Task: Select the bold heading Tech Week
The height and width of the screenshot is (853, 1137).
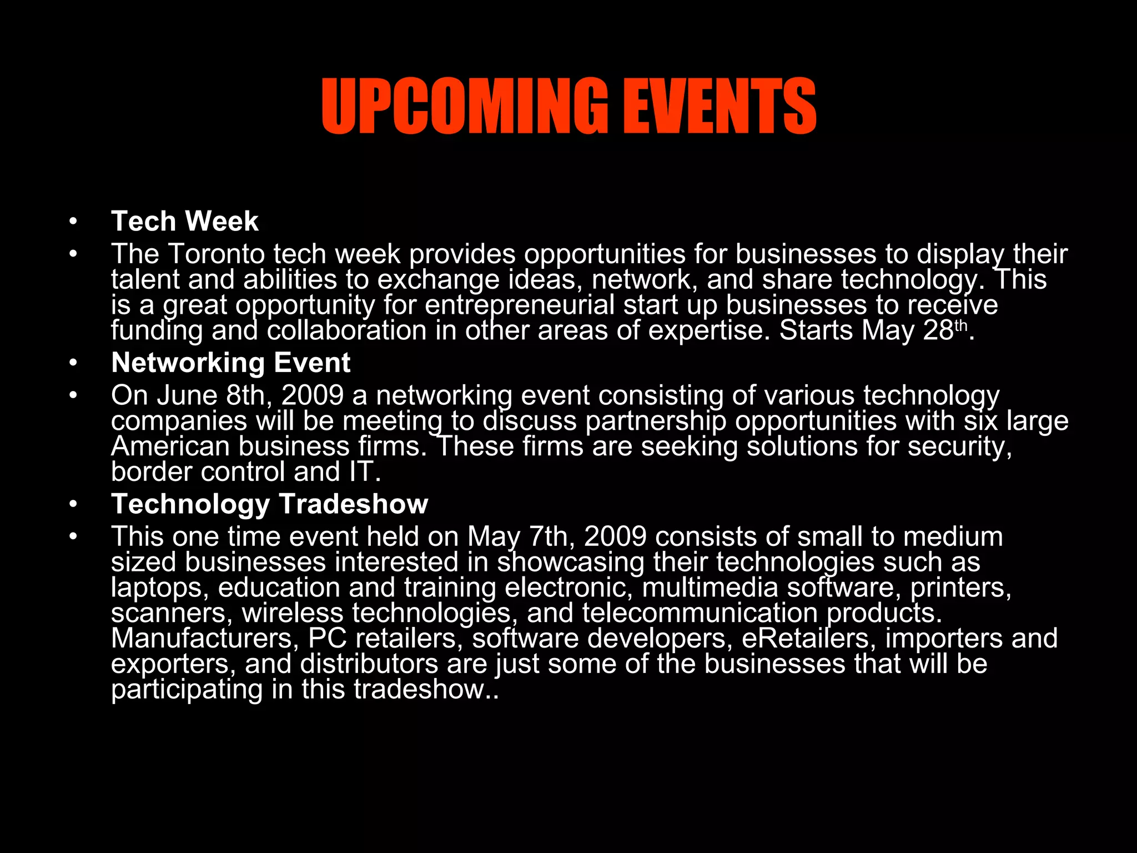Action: click(x=184, y=222)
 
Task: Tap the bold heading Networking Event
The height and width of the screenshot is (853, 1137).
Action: click(x=230, y=363)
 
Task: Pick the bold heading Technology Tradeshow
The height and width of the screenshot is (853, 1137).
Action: click(x=269, y=504)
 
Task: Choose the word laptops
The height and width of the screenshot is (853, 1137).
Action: click(x=159, y=588)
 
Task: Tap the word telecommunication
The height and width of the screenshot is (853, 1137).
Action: click(x=700, y=614)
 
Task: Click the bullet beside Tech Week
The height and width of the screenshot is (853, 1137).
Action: click(x=73, y=222)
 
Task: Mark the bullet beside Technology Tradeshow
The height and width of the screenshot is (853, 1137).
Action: click(x=73, y=505)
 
